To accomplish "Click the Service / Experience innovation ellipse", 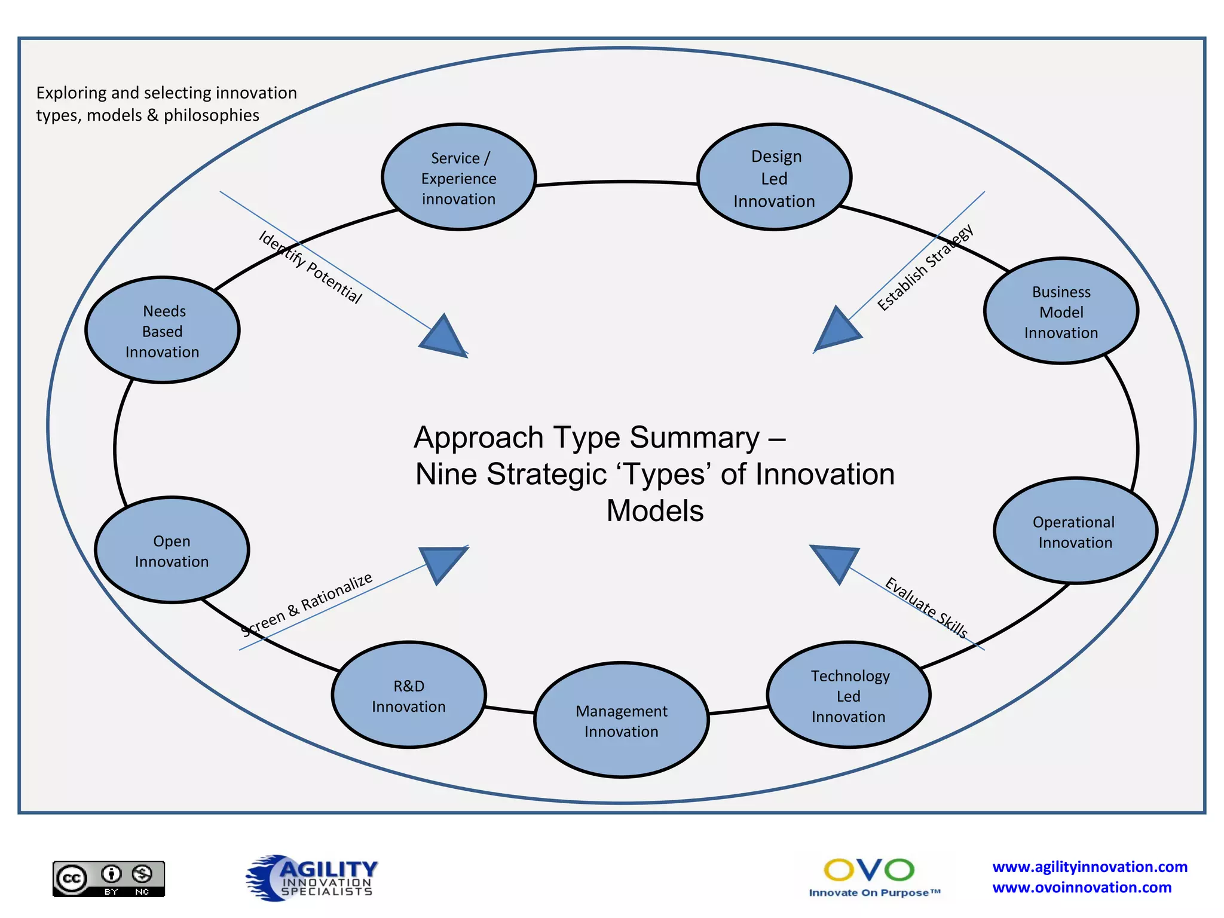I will pyautogui.click(x=458, y=178).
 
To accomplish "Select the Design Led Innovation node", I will pyautogui.click(x=774, y=178).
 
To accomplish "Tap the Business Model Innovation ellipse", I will pyautogui.click(x=1061, y=311).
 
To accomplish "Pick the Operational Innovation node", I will pyautogui.click(x=1075, y=531).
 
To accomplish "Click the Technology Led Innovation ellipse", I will pyautogui.click(x=848, y=695).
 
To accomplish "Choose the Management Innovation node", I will pyautogui.click(x=621, y=720).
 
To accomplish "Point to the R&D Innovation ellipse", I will pyautogui.click(x=409, y=695).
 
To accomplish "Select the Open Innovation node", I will pyautogui.click(x=172, y=550).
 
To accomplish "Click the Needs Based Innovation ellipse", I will pyautogui.click(x=163, y=331).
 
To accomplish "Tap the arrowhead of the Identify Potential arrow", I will pyautogui.click(x=443, y=338).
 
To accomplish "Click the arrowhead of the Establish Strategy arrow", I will pyautogui.click(x=837, y=331).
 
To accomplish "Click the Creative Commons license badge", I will pyautogui.click(x=109, y=879).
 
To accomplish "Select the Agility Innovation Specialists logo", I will pyautogui.click(x=312, y=877).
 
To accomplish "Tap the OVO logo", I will pyautogui.click(x=870, y=876).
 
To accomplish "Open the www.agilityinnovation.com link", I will pyautogui.click(x=1090, y=867).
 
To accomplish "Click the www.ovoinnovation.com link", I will pyautogui.click(x=1082, y=888).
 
